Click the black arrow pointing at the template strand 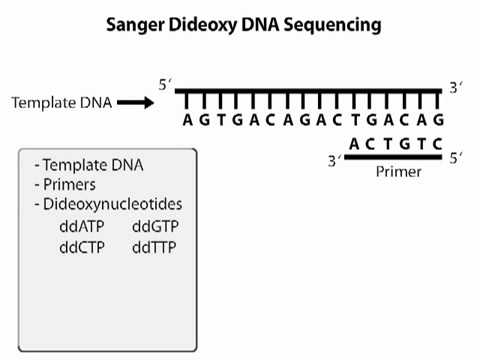click(x=140, y=101)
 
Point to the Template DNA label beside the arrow click(x=63, y=101)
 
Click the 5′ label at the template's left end click(x=165, y=86)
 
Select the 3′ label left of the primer click(x=336, y=159)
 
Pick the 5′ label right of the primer click(x=456, y=157)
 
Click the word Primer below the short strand click(x=399, y=172)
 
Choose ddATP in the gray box click(x=81, y=226)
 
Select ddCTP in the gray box click(x=81, y=246)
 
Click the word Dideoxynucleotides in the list click(x=109, y=205)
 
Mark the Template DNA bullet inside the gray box click(x=84, y=166)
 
